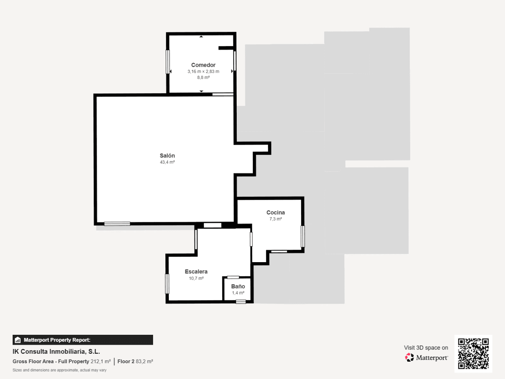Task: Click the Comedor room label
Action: tap(203, 65)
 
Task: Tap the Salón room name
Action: tap(167, 156)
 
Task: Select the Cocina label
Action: tap(276, 212)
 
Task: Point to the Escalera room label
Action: tap(196, 272)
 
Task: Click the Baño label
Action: tap(238, 286)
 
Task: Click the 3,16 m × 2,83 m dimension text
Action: tap(203, 71)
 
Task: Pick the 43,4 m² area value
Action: tap(167, 162)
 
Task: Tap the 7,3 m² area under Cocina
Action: tap(276, 219)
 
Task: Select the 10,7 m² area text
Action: tap(196, 278)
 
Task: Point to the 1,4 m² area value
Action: tap(238, 293)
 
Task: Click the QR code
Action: tap(473, 353)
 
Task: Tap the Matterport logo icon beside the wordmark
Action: tap(409, 357)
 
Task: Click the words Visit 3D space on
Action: tap(426, 348)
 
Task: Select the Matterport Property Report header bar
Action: tap(83, 340)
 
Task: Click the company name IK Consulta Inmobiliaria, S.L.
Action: tap(56, 352)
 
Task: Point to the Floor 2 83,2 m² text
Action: tap(135, 362)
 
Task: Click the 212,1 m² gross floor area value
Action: tap(101, 362)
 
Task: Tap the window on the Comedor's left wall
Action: tap(168, 62)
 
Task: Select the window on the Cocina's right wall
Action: tap(303, 236)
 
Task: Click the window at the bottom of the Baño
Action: tap(241, 302)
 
